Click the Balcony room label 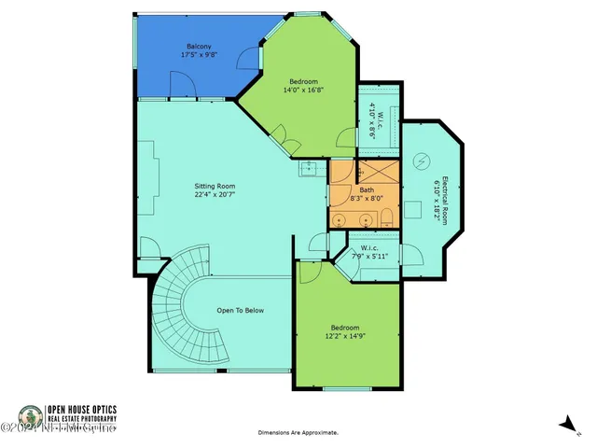tap(198, 46)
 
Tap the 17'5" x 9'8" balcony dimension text tap(198, 55)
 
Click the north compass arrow tap(566, 425)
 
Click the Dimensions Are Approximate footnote tap(298, 433)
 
